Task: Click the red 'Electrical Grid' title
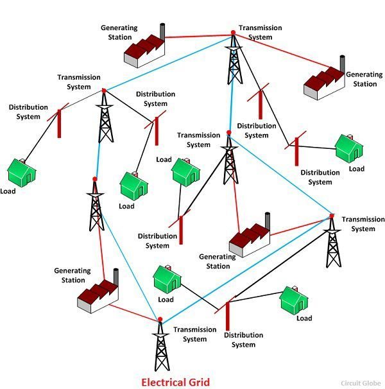click(x=175, y=381)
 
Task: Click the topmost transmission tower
click(x=233, y=61)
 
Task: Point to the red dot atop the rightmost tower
click(x=332, y=216)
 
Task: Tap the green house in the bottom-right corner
click(x=294, y=301)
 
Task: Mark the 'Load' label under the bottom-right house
click(x=304, y=318)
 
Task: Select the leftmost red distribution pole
click(x=60, y=123)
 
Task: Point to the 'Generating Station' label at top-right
click(x=364, y=80)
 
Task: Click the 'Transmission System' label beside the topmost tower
click(x=259, y=33)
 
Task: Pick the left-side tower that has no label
click(x=96, y=205)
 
